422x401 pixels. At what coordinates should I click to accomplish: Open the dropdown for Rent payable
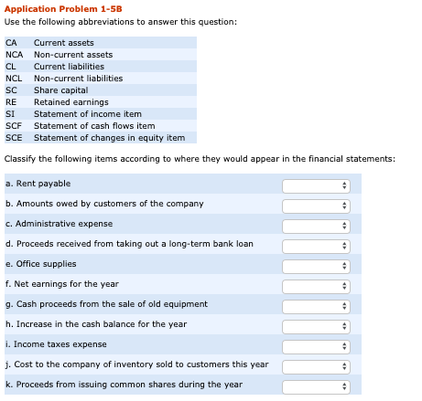click(316, 185)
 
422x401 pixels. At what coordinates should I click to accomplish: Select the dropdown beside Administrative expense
click(316, 226)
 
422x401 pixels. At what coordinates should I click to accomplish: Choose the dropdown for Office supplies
click(316, 266)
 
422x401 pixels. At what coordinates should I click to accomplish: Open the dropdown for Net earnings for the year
click(316, 286)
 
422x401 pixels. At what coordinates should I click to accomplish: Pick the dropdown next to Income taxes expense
click(316, 346)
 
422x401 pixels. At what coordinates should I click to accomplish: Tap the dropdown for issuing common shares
click(316, 386)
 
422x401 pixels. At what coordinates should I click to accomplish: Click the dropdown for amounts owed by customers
click(316, 206)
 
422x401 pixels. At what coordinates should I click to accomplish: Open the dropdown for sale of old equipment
click(316, 306)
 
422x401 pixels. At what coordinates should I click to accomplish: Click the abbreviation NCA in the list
click(14, 55)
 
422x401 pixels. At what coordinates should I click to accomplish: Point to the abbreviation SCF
click(14, 126)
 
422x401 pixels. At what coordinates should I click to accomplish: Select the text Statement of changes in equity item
click(109, 138)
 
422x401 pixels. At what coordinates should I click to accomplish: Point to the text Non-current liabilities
click(78, 79)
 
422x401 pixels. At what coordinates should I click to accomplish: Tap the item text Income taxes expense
click(60, 344)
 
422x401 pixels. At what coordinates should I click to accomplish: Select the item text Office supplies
click(46, 264)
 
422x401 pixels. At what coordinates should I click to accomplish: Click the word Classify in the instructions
click(20, 158)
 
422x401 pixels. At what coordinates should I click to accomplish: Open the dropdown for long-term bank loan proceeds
click(316, 246)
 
